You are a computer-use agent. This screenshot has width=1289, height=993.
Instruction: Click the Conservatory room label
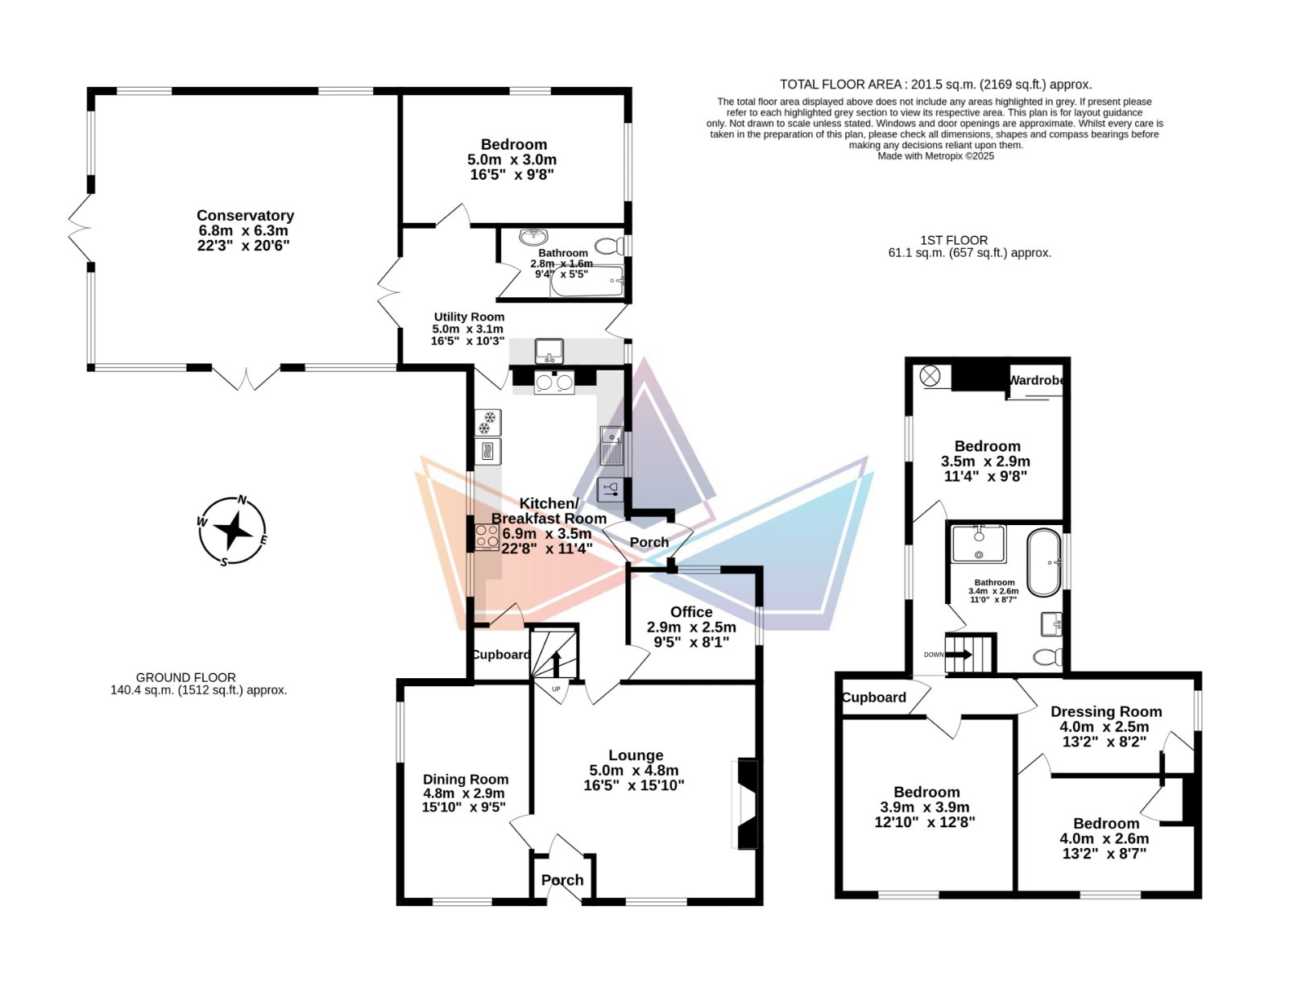click(x=245, y=215)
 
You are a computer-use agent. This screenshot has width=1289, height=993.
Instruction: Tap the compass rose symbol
click(x=232, y=530)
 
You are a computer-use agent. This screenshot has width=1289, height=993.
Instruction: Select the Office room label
click(x=691, y=612)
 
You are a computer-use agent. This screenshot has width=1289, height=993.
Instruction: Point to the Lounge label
click(x=636, y=755)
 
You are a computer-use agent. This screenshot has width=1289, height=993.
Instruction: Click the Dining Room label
click(x=465, y=779)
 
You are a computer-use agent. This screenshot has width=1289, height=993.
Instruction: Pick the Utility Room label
click(x=469, y=317)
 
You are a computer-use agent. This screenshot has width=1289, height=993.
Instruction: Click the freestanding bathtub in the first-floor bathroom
click(x=1043, y=562)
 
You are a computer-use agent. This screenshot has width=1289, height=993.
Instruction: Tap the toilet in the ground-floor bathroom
click(x=609, y=245)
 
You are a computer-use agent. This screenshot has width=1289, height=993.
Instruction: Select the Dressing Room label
click(x=1105, y=711)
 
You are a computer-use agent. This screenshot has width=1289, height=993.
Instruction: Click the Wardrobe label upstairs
click(x=1036, y=380)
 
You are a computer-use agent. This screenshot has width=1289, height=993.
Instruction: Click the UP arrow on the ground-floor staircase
click(x=557, y=664)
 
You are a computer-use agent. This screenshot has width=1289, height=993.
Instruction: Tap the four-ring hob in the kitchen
click(x=487, y=537)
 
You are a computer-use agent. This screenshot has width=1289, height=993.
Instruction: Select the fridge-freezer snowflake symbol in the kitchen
click(x=487, y=423)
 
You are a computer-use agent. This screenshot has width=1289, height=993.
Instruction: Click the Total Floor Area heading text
click(x=935, y=85)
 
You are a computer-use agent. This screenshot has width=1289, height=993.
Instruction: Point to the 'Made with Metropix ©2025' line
click(x=935, y=156)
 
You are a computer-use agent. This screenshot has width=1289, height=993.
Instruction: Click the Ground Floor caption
click(x=185, y=677)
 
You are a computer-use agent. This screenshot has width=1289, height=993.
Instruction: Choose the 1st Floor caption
click(x=954, y=240)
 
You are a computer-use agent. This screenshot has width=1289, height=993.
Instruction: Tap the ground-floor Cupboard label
click(x=501, y=655)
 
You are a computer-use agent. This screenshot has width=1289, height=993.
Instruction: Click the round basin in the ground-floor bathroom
click(x=534, y=237)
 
